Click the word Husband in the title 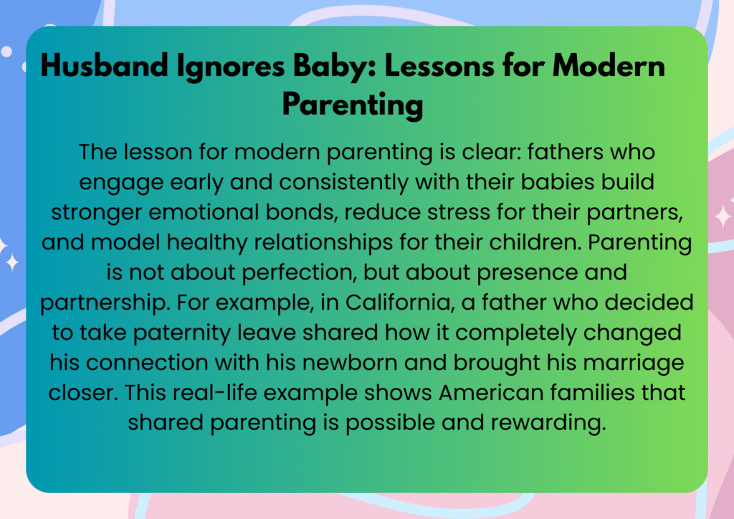point(105,65)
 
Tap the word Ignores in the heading point(231,67)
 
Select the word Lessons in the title point(439,65)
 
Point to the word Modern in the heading point(609,65)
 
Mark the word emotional point(204,212)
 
